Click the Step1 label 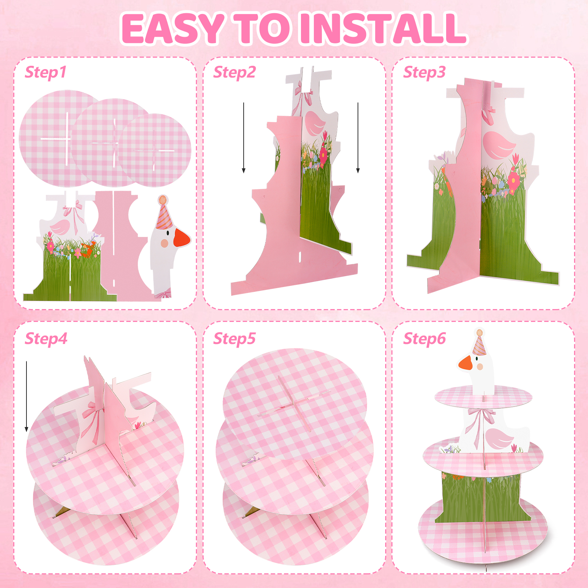[46, 72]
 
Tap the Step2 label [234, 72]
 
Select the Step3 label [424, 72]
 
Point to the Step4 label [46, 339]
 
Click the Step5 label [234, 339]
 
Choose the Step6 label [424, 339]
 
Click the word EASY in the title [172, 28]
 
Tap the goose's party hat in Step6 [479, 343]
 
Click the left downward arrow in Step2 [244, 138]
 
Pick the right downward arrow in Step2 [358, 138]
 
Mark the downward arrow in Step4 [26, 397]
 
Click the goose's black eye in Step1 [168, 233]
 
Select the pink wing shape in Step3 [499, 145]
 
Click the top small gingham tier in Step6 [483, 397]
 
